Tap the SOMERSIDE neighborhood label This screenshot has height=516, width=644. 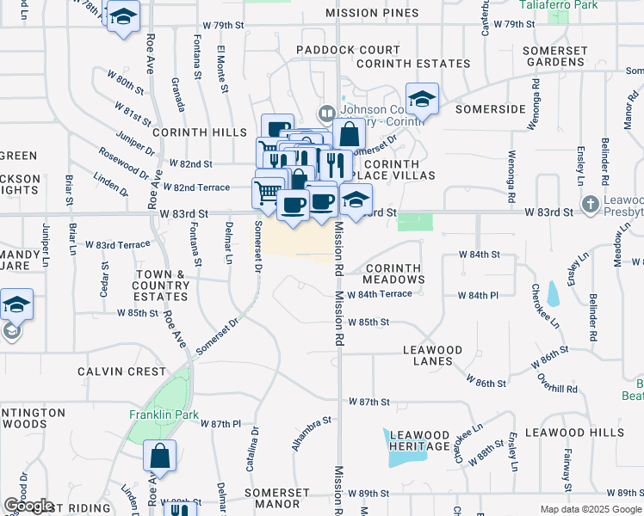pyautogui.click(x=490, y=109)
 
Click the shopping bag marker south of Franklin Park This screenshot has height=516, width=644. pyautogui.click(x=159, y=456)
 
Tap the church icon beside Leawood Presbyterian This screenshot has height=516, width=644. pyautogui.click(x=590, y=204)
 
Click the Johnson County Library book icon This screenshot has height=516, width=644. pyautogui.click(x=326, y=112)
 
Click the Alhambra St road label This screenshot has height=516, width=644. pyautogui.click(x=312, y=434)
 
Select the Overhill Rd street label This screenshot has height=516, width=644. pyautogui.click(x=555, y=382)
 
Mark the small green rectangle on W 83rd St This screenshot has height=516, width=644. pyautogui.click(x=415, y=223)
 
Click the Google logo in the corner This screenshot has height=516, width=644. pyautogui.click(x=28, y=506)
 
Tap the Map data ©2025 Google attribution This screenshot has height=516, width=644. pyautogui.click(x=591, y=509)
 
